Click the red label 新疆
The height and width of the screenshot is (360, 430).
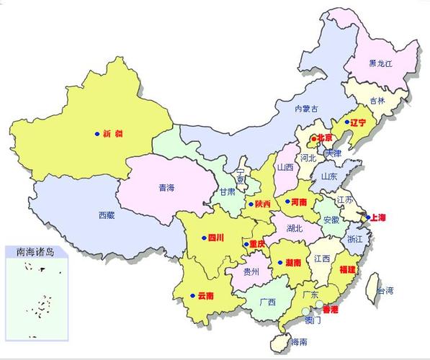click(x=112, y=133)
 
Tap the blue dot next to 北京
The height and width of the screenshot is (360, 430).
click(x=313, y=138)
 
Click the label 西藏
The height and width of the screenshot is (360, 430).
click(x=107, y=215)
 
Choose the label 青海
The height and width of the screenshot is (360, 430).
click(x=166, y=188)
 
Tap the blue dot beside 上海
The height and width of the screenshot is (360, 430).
click(x=367, y=217)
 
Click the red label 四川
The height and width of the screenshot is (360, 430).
click(x=216, y=237)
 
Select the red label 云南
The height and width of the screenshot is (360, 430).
click(x=206, y=295)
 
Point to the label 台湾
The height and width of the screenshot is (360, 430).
click(x=385, y=291)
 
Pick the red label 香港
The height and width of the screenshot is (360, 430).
click(x=330, y=310)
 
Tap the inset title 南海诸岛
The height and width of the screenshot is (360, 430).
click(x=35, y=252)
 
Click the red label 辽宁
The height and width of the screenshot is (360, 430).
click(x=358, y=122)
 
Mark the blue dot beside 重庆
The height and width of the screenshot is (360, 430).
click(x=246, y=244)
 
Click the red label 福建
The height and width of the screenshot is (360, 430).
click(x=347, y=269)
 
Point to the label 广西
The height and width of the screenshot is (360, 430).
click(x=266, y=302)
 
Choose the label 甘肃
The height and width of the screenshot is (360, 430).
click(x=227, y=192)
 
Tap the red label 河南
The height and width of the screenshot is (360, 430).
click(x=299, y=202)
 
